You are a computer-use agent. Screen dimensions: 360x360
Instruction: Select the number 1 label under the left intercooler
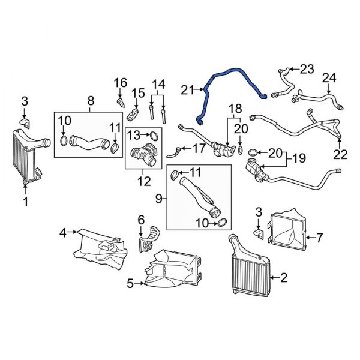25,202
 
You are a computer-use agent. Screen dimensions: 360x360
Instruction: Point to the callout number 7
319,238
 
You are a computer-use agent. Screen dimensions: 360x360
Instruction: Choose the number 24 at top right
329,78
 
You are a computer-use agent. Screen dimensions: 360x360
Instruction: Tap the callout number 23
307,69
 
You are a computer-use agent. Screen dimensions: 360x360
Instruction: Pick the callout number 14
158,84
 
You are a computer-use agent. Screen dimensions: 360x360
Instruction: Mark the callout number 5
130,284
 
